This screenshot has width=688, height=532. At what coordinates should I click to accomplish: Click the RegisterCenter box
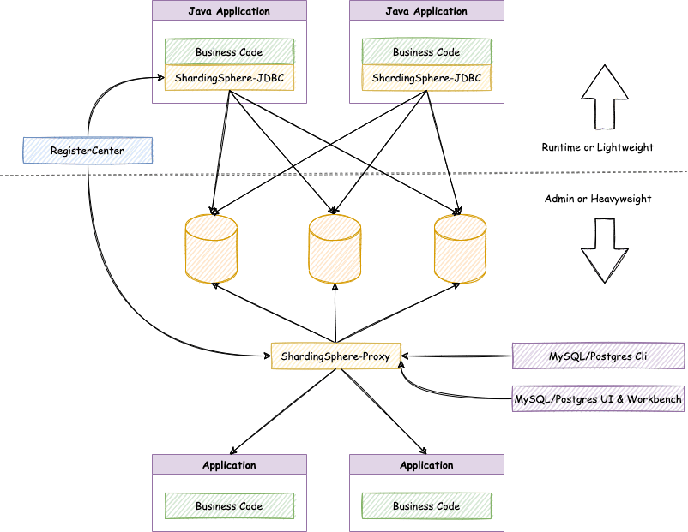click(88, 151)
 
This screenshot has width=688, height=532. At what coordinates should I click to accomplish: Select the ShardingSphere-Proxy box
click(336, 355)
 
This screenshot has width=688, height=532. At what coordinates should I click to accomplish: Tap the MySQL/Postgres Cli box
click(598, 355)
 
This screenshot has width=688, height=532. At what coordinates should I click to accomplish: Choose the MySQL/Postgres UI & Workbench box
click(598, 399)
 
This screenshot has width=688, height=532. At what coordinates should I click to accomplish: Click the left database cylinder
click(211, 249)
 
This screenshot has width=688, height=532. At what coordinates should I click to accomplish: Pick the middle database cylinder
click(335, 249)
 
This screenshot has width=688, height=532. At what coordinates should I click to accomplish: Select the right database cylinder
click(459, 249)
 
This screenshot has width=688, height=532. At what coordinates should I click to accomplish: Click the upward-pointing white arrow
click(605, 98)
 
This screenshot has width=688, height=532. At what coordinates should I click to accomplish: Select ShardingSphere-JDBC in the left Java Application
click(229, 78)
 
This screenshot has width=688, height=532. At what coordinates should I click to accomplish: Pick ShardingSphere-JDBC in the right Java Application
click(426, 78)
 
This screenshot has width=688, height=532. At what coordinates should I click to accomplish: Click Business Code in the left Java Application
click(229, 51)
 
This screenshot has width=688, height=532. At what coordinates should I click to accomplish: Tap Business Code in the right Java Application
click(426, 51)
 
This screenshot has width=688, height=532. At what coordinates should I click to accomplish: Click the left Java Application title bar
click(229, 11)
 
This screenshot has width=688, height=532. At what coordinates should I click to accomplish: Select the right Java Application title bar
click(426, 11)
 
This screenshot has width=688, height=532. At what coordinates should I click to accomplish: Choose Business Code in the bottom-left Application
click(229, 505)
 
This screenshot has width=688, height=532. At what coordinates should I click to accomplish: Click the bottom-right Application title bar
click(426, 465)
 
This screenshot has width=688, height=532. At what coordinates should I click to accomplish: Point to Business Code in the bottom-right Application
click(426, 505)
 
